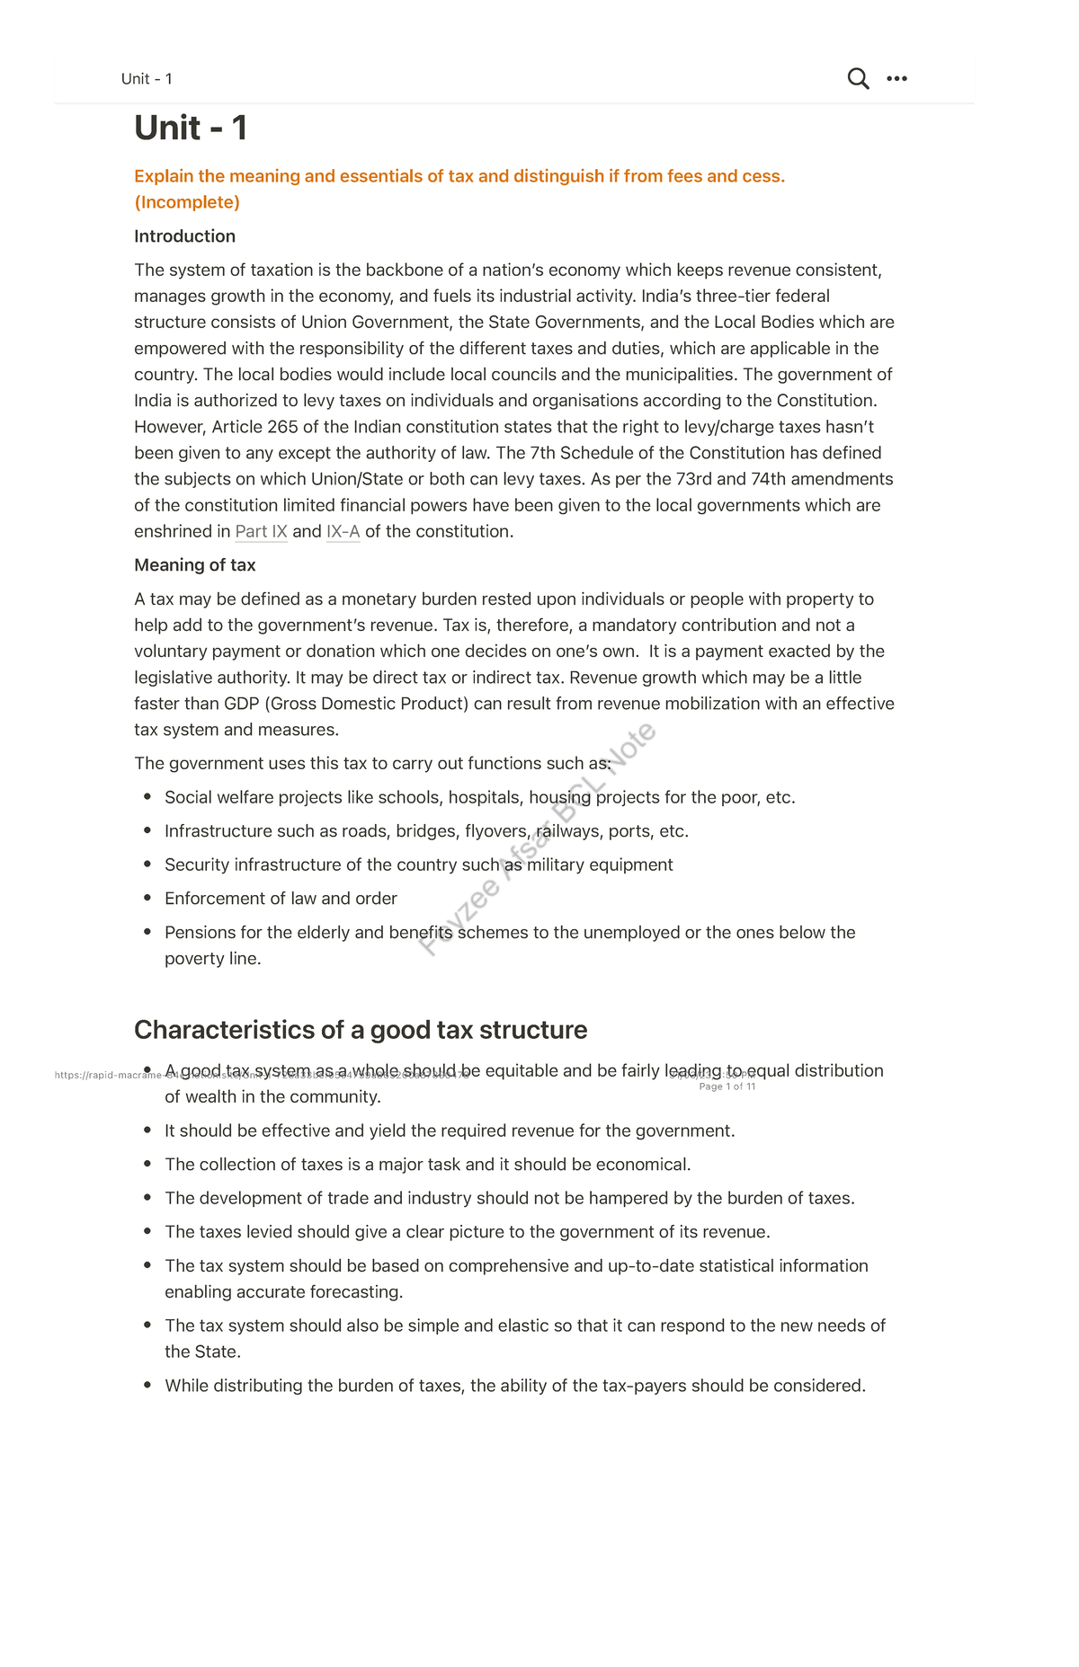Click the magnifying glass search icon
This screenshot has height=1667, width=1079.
(x=858, y=79)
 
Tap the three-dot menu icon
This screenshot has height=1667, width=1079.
(x=896, y=79)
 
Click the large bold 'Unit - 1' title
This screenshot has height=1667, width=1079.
(x=191, y=129)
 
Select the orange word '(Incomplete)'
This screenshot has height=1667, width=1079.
(x=187, y=202)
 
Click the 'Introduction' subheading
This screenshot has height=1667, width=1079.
(x=184, y=236)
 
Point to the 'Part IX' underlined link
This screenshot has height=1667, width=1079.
(x=261, y=532)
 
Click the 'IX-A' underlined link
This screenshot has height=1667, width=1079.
(x=343, y=532)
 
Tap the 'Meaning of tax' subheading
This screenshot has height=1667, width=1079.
(x=194, y=565)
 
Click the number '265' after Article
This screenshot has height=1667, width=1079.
(x=282, y=427)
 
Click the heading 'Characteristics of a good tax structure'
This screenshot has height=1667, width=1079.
(x=360, y=1030)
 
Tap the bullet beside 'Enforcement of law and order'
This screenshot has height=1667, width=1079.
(x=147, y=898)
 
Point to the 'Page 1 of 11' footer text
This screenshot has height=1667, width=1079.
(x=727, y=1086)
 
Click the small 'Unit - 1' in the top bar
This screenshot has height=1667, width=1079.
(x=147, y=79)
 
